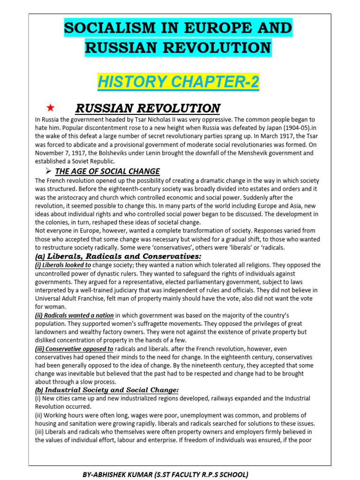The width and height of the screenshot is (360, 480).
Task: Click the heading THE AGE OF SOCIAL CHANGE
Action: tap(107, 172)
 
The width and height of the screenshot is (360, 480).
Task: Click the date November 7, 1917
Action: tap(62, 153)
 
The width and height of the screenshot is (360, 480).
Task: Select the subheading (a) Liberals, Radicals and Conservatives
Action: tap(118, 256)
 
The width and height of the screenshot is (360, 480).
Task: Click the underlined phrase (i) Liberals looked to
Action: tap(63, 265)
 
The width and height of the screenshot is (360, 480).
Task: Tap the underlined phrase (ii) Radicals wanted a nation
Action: tap(75, 315)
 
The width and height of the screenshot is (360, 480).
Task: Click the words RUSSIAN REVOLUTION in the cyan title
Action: tap(178, 47)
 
